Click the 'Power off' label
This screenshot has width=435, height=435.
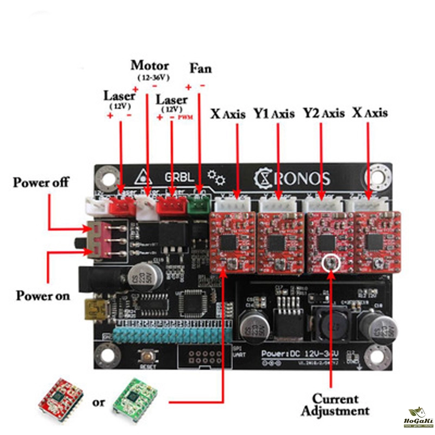click(41, 182)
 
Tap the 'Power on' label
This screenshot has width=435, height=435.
click(42, 296)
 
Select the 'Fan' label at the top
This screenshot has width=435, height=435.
click(200, 69)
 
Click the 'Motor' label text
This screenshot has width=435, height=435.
click(150, 66)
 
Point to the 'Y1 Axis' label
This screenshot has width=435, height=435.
click(274, 114)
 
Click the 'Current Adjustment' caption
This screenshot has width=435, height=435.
click(335, 405)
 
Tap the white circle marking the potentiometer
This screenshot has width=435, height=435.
click(330, 263)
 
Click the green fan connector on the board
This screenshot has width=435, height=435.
click(199, 205)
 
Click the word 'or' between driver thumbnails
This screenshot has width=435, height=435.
click(98, 403)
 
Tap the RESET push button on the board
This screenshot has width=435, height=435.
click(146, 357)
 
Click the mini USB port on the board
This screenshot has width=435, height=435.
click(90, 310)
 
